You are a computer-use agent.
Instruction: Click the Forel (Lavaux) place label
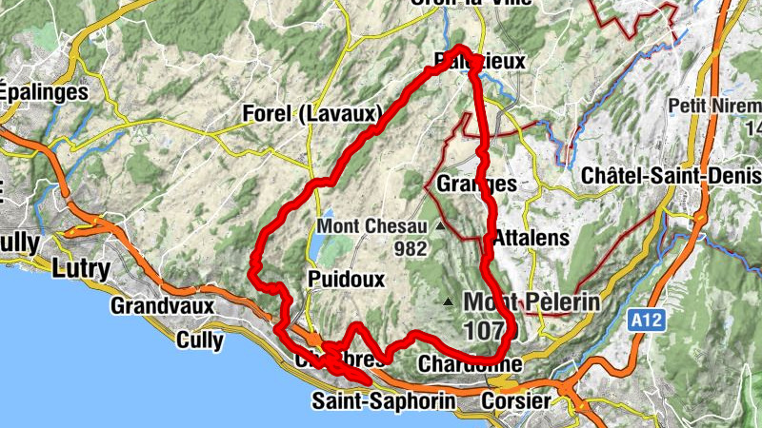pyautogui.click(x=312, y=113)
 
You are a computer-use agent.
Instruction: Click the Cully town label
pyautogui.click(x=200, y=340)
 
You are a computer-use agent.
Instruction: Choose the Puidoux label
pyautogui.click(x=346, y=280)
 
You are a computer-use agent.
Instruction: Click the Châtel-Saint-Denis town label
pyautogui.click(x=671, y=177)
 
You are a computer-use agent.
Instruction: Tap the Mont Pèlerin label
pyautogui.click(x=531, y=302)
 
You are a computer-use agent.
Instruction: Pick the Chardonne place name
pyautogui.click(x=470, y=364)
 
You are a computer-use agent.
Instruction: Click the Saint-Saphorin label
pyautogui.click(x=383, y=401)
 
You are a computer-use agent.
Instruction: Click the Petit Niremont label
pyautogui.click(x=714, y=105)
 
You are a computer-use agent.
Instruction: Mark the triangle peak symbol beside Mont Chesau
pyautogui.click(x=439, y=227)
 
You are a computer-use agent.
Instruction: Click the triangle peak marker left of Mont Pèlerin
pyautogui.click(x=449, y=302)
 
